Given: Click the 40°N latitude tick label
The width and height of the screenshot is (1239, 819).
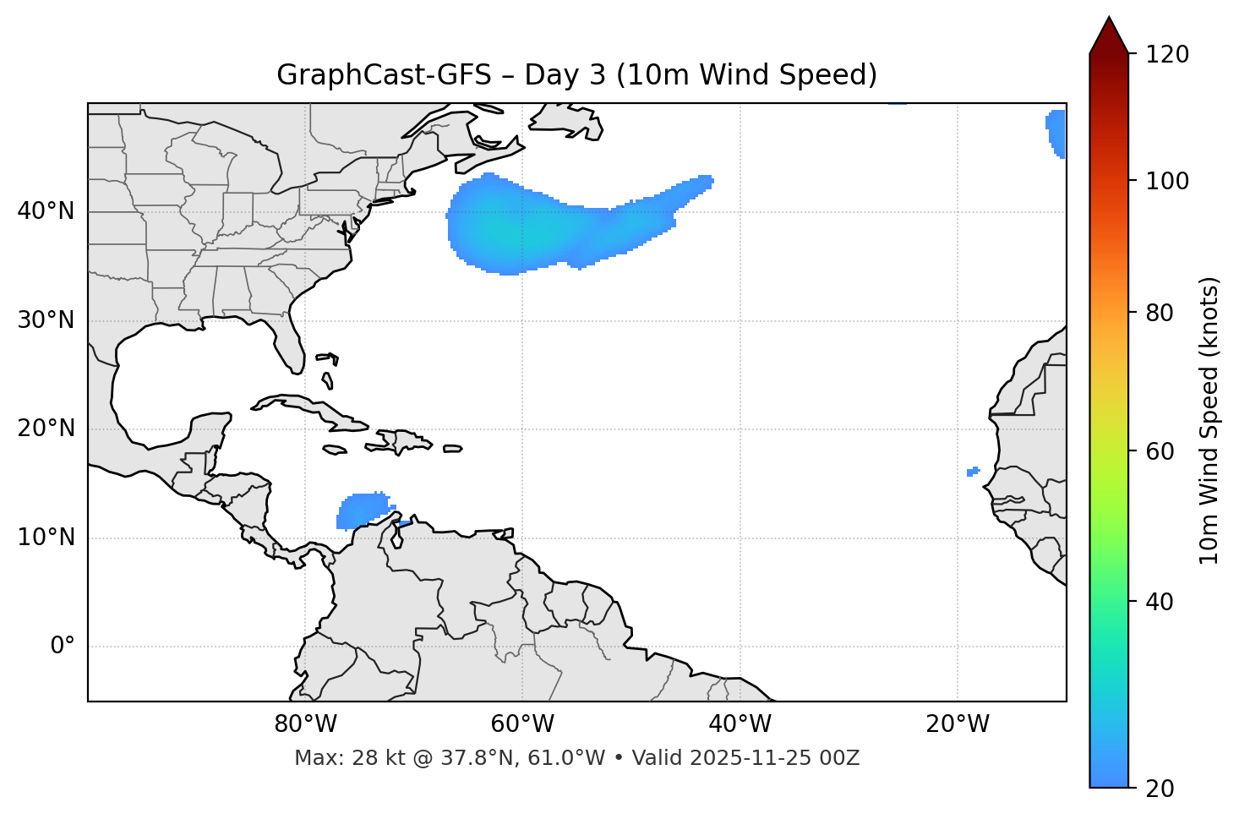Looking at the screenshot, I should coord(46,211).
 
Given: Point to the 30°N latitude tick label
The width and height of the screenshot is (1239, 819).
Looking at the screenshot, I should coord(46,320).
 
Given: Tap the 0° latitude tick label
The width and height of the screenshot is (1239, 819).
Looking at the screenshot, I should coord(63,647).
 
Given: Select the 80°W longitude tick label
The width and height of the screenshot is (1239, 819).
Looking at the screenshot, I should coord(305,724).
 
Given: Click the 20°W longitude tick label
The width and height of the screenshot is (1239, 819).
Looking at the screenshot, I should coord(958,724).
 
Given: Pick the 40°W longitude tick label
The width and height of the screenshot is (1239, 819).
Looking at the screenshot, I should coord(740,724).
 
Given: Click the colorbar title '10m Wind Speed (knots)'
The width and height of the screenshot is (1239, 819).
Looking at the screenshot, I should coord(1209,421).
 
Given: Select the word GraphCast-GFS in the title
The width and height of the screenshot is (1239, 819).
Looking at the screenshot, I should coord(384,75).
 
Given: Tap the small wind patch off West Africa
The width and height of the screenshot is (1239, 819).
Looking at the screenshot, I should coord(973,471).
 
